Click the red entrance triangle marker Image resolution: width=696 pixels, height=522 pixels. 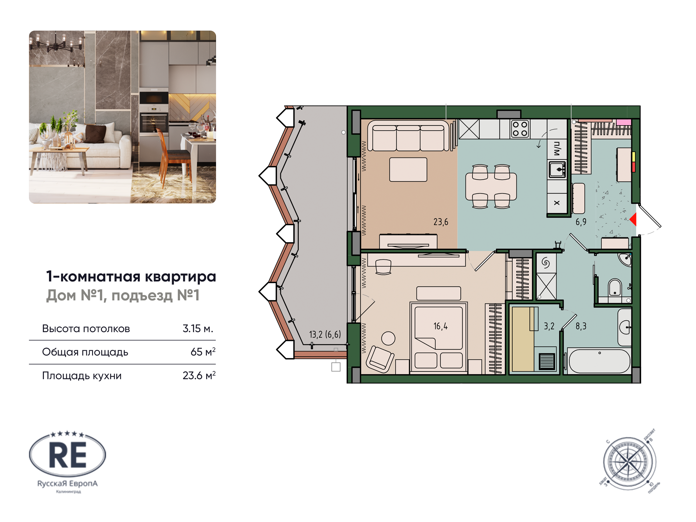pos(633,219)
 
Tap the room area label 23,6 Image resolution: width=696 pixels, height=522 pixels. pos(440,222)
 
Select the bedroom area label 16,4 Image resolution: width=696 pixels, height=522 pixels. pos(440,326)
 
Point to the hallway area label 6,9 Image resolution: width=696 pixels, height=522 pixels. pos(581,222)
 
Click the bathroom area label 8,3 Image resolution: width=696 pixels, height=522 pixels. pos(581,326)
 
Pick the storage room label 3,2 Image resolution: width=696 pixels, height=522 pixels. pos(549,326)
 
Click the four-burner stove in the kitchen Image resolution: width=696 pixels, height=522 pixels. pos(520,129)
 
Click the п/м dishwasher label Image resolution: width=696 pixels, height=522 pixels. pos(557,148)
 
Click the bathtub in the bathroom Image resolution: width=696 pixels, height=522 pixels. pos(599,361)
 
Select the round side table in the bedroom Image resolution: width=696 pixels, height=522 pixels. pos(388,339)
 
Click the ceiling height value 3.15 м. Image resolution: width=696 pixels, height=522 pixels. pos(198,329)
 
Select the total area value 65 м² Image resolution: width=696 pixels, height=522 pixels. pos(203,352)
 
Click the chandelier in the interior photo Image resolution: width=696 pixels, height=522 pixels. pos(57,44)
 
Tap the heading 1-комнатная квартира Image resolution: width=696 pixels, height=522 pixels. pos(131,276)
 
